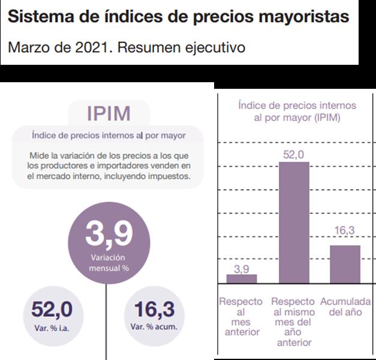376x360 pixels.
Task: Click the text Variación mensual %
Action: click(109, 262)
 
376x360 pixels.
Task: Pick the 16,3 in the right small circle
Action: click(154, 310)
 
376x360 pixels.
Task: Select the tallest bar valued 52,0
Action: click(293, 222)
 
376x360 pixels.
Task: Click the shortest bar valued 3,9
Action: click(242, 278)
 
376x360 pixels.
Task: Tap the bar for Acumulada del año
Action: click(345, 263)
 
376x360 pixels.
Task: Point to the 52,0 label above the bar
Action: click(293, 155)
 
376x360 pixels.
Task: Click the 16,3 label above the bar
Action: click(345, 230)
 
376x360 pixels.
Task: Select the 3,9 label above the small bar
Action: click(242, 268)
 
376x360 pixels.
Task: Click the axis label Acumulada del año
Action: click(345, 306)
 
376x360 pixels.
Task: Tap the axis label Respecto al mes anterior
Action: click(240, 316)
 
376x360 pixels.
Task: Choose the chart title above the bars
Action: click(296, 111)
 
